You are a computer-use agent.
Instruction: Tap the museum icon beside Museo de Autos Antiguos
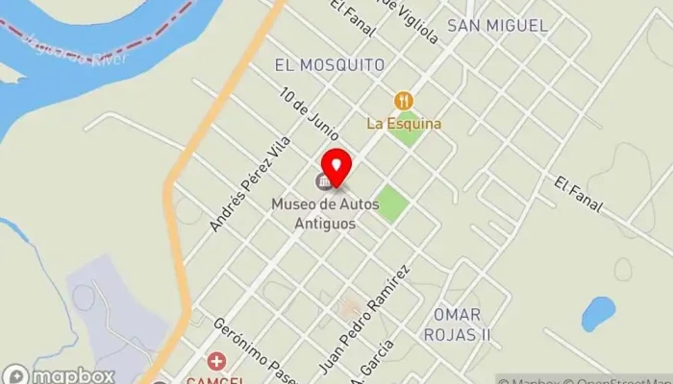point(325,180)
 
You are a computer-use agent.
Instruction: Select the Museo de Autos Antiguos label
point(313,213)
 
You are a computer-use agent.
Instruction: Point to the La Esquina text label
point(404,123)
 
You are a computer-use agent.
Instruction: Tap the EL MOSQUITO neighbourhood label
point(330,65)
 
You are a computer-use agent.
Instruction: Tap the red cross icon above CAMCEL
point(217,362)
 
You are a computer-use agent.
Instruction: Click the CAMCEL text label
point(217,379)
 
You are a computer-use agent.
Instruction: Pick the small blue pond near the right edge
point(597,313)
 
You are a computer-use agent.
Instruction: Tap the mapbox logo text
point(73,375)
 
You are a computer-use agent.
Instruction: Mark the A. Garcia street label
point(379,363)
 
